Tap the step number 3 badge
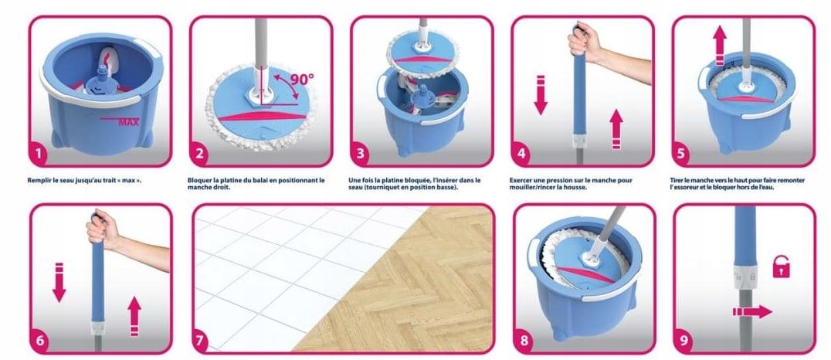tap(361, 155)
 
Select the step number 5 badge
tap(681, 155)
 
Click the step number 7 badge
tap(199, 341)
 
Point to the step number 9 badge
tap(683, 341)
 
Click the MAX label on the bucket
tap(128, 123)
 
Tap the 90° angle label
tap(302, 80)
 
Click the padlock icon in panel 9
tap(781, 267)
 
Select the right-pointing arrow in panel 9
tap(752, 312)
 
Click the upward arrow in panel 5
tap(719, 46)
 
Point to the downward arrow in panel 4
tap(541, 95)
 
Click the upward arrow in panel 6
tap(134, 317)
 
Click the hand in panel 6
tap(103, 229)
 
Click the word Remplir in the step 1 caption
tap(38, 180)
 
